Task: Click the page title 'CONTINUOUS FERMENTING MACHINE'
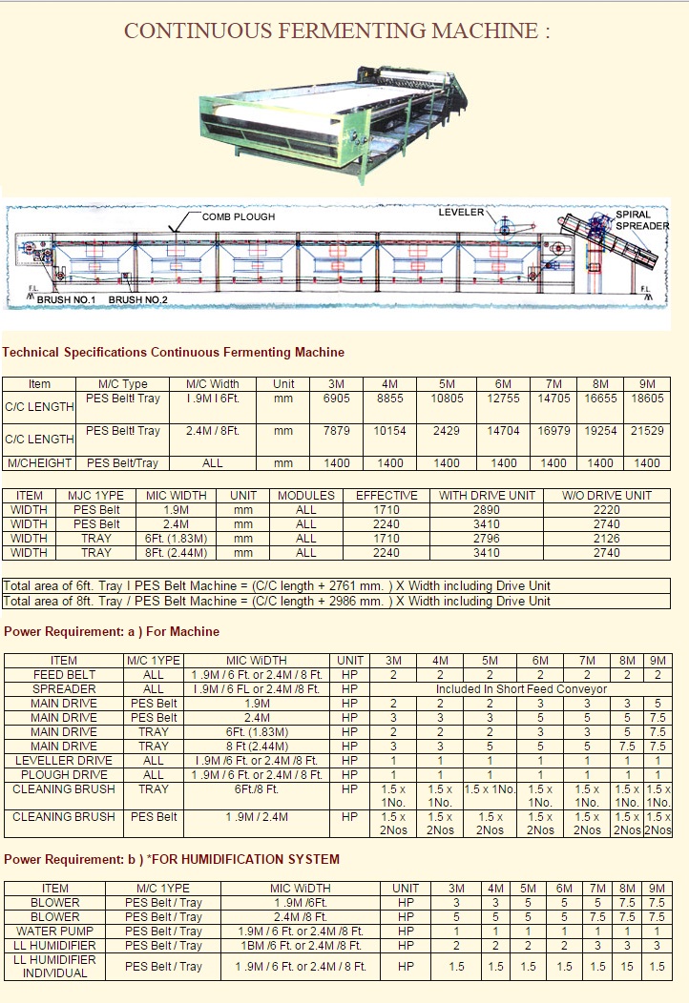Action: [337, 31]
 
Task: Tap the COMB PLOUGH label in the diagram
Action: [239, 217]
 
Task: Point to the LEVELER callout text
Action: [462, 212]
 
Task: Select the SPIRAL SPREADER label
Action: [640, 220]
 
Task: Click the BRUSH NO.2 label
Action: [138, 300]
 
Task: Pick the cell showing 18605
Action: [647, 399]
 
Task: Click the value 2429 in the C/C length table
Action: [448, 431]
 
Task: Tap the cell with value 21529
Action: [647, 431]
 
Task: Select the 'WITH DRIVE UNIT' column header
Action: [487, 496]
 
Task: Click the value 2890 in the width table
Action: [487, 510]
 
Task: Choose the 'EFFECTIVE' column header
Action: [386, 496]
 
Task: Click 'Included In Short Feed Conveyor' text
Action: [521, 688]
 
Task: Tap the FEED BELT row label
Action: [64, 674]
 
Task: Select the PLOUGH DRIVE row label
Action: [64, 774]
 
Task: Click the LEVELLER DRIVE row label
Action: [64, 760]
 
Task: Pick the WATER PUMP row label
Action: [55, 931]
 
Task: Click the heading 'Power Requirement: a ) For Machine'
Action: [112, 631]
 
